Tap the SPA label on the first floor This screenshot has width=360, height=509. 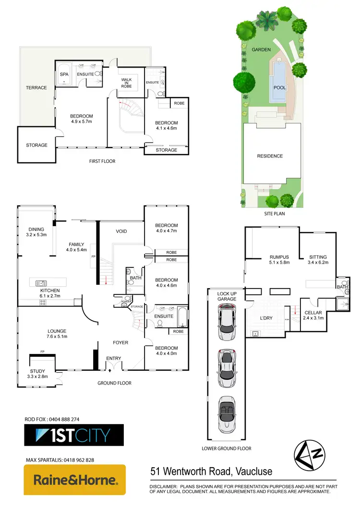(64, 74)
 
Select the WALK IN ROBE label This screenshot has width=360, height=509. (126, 82)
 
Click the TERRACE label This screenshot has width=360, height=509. (36, 88)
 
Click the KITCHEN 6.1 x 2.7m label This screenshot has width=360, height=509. (50, 293)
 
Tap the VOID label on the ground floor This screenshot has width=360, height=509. (121, 231)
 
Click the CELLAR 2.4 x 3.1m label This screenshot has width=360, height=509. (313, 315)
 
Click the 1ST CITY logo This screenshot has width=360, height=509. (74, 435)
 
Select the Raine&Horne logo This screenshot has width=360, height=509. (75, 480)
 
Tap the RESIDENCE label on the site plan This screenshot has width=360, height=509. (270, 156)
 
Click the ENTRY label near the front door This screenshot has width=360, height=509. (114, 358)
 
